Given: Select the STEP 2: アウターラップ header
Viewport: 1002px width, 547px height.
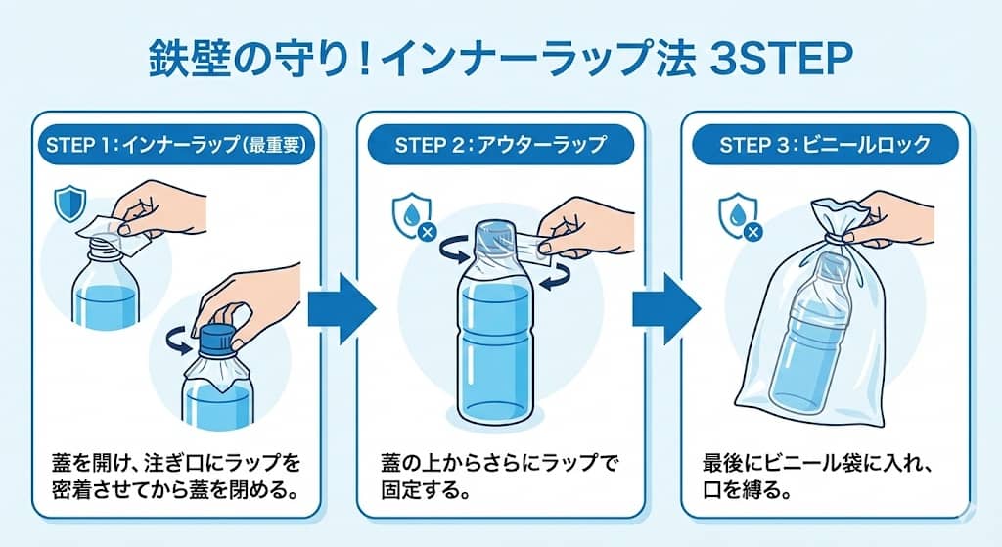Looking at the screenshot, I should click(x=501, y=145).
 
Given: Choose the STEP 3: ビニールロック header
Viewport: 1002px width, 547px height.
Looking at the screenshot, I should click(x=824, y=145).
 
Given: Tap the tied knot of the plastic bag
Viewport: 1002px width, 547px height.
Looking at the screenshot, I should click(x=833, y=233).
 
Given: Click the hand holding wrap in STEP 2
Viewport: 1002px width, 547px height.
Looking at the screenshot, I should click(x=587, y=225).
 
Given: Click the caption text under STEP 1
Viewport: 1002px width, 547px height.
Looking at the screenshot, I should click(x=173, y=475).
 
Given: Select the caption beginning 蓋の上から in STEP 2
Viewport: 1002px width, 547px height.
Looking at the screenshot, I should click(x=500, y=475).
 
